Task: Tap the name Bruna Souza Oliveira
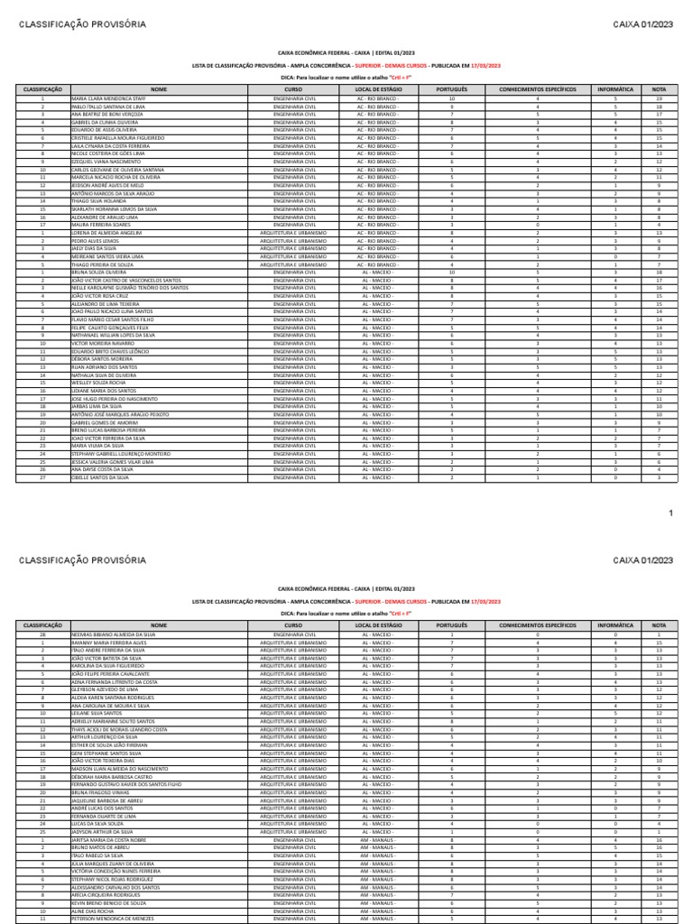[x=98, y=272]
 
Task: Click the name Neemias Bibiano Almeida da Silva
[x=107, y=634]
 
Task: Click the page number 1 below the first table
[x=670, y=513]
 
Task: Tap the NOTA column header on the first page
[x=660, y=90]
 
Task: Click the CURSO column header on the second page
[x=294, y=624]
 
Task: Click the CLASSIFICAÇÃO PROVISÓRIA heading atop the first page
[x=83, y=24]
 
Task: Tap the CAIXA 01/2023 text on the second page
[x=643, y=560]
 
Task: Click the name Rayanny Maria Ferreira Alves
[x=108, y=642]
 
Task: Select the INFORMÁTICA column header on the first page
[x=615, y=90]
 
